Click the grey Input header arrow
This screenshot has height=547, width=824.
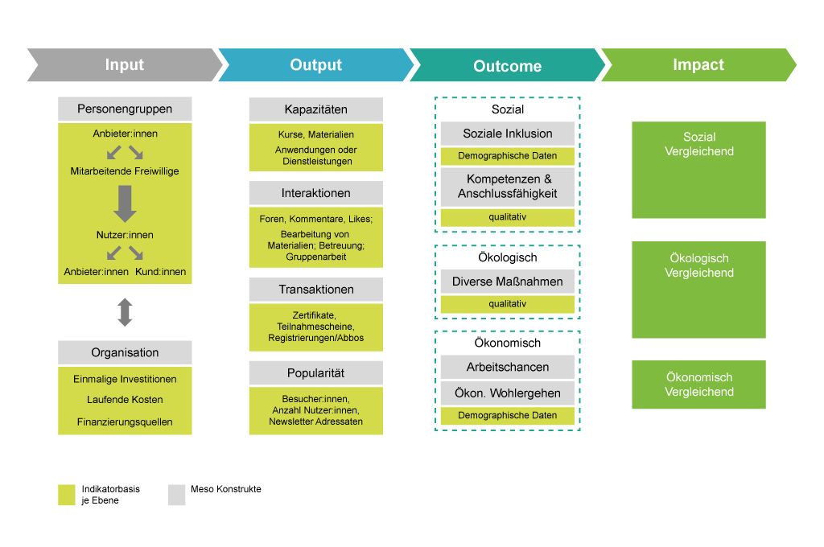125,64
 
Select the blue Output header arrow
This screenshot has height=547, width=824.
316,64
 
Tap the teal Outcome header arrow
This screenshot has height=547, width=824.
508,64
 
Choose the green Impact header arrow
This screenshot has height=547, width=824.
699,64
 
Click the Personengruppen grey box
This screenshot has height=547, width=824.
125,109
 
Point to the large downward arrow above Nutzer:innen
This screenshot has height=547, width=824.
125,204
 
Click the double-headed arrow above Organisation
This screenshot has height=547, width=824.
125,312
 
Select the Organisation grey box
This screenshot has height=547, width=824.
125,352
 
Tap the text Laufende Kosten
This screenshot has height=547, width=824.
125,399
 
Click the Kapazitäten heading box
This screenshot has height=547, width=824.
315,109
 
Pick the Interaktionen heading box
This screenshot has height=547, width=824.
315,193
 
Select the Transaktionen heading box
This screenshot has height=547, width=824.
315,290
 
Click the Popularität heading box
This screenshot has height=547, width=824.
315,373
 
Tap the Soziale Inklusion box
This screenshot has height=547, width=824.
508,134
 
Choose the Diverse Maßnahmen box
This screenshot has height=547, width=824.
508,282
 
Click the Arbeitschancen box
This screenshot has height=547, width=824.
508,367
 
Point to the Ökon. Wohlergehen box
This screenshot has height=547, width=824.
508,393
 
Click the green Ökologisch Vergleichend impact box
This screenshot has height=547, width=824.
699,290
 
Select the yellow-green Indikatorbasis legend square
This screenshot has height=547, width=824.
67,495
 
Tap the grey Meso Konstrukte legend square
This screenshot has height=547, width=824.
176,495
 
